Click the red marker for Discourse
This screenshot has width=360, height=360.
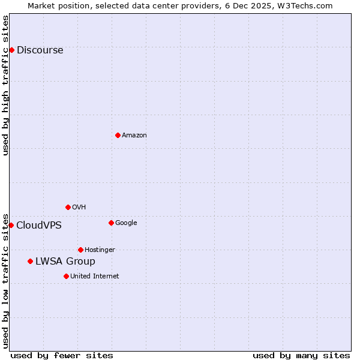(x=11, y=50)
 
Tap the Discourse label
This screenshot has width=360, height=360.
(x=40, y=50)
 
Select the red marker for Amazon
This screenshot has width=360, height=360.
(x=118, y=135)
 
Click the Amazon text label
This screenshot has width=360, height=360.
(x=134, y=136)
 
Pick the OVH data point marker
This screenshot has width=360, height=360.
(x=68, y=207)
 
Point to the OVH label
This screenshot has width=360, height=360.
(x=79, y=208)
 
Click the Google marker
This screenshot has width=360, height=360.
(x=111, y=223)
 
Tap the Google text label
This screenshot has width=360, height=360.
(x=126, y=223)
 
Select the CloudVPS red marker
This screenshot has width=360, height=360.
(x=11, y=225)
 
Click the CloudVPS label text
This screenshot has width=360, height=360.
(x=38, y=226)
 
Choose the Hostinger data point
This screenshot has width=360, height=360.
(x=80, y=250)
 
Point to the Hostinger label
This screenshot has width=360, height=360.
(x=100, y=250)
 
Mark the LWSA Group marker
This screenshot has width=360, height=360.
(x=30, y=261)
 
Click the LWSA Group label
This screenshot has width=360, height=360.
(x=65, y=262)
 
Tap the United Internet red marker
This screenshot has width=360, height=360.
(x=66, y=276)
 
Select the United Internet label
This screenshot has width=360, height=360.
(x=94, y=277)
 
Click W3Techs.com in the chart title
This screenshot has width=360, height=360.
(x=311, y=5)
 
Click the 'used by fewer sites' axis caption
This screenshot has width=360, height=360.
(x=62, y=355)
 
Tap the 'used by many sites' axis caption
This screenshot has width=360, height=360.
(x=301, y=355)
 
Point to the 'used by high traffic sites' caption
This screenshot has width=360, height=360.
(x=6, y=85)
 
